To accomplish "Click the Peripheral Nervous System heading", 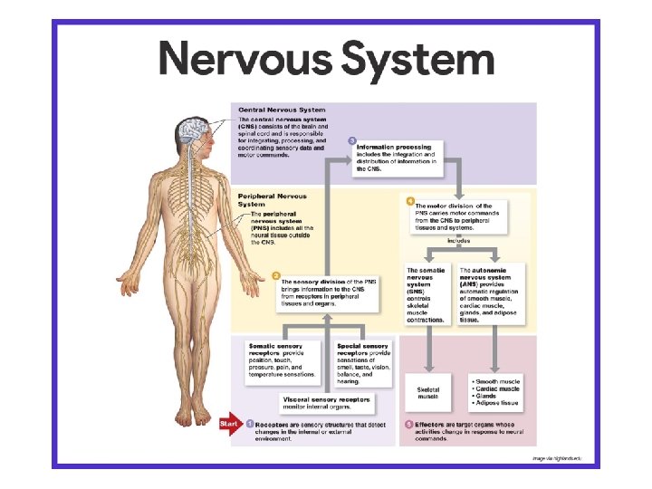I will pos(273,200).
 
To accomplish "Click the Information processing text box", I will pos(395,157).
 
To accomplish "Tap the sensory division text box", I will pos(329,292).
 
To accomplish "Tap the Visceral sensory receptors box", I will pos(325,403).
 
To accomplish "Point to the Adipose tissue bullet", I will pos(495,403).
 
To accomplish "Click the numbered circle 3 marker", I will pos(351,140).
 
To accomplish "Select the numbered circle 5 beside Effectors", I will pos(408,423).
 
